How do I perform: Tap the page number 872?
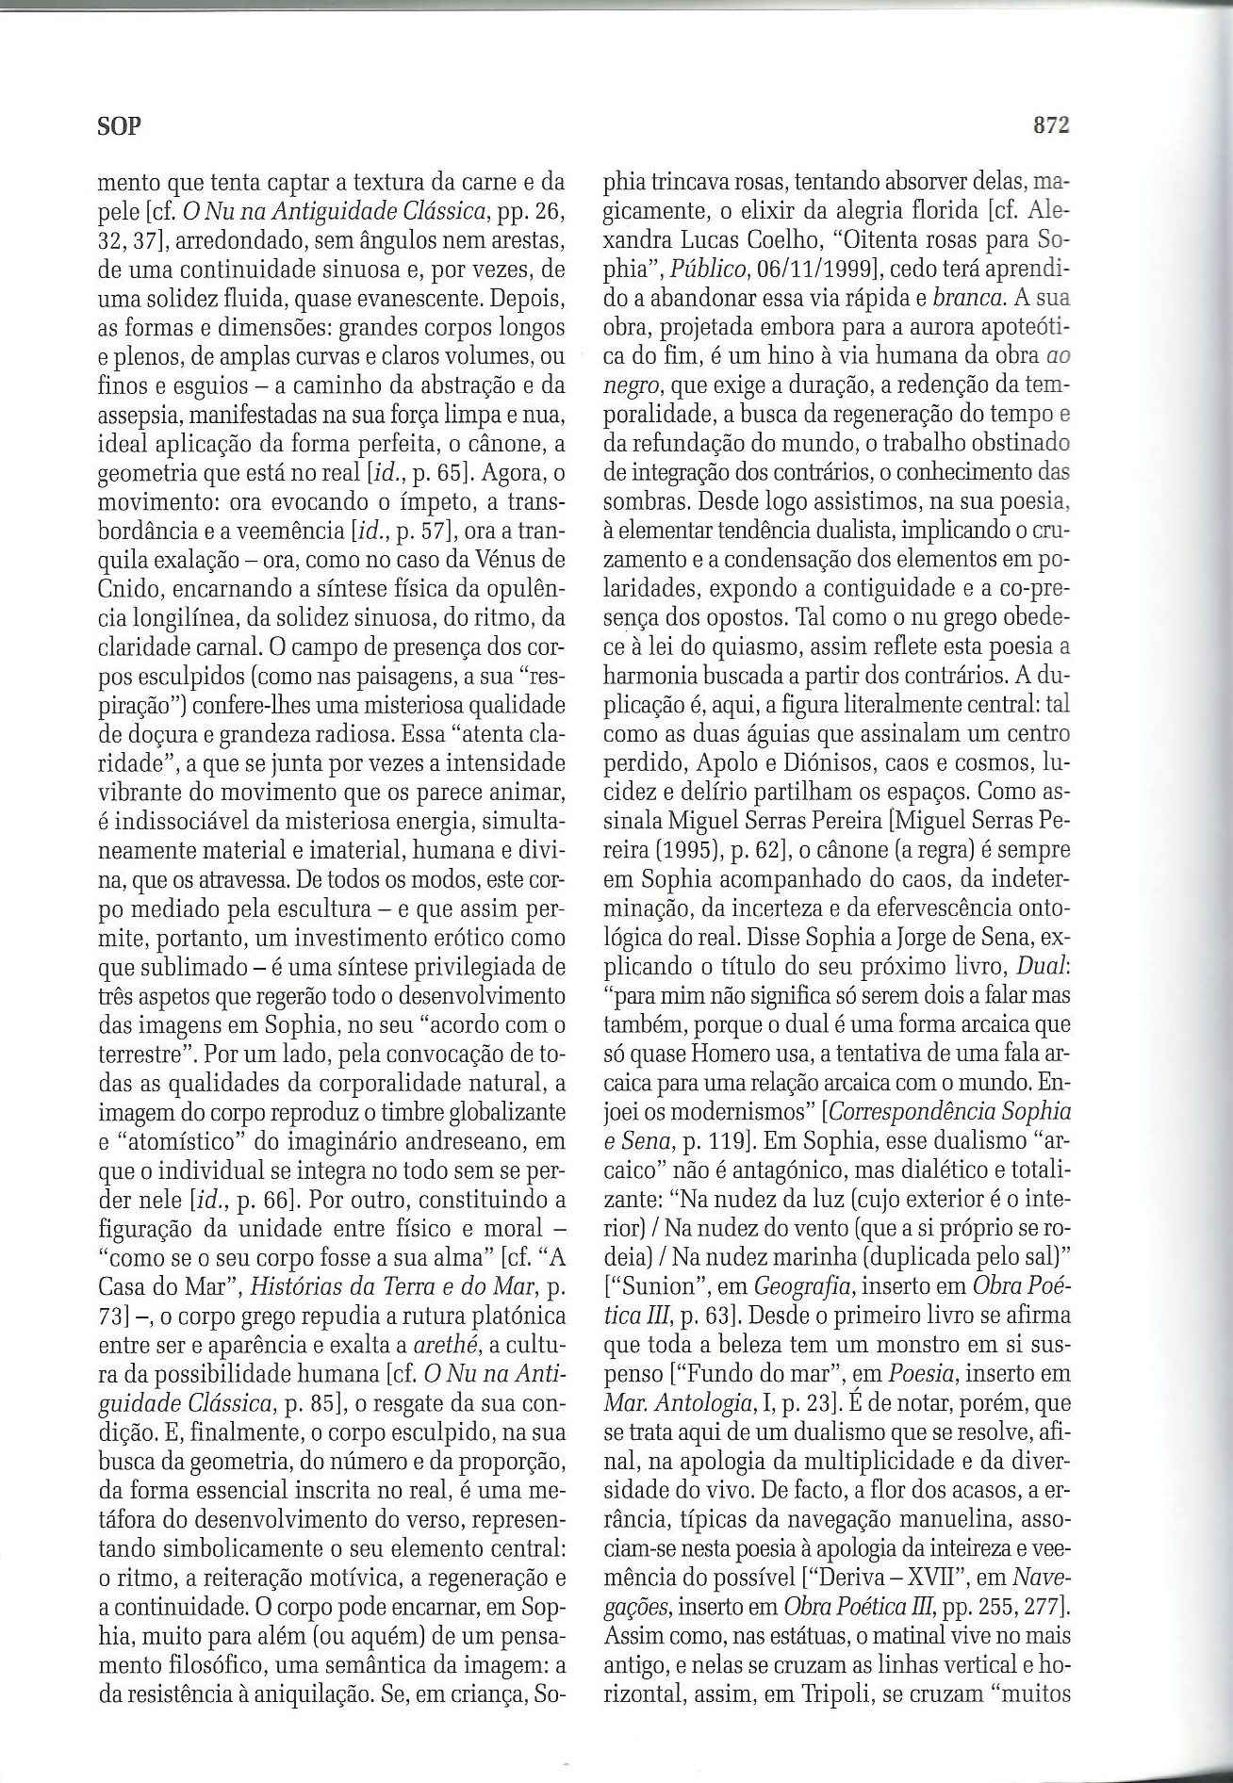pyautogui.click(x=1050, y=125)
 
